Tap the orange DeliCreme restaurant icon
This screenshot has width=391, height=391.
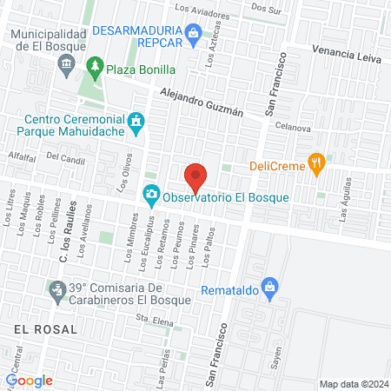[x=318, y=162]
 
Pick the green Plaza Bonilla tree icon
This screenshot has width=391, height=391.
[x=94, y=66]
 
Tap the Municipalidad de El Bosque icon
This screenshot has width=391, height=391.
[x=65, y=64]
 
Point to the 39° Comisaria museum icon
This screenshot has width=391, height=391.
[x=57, y=288]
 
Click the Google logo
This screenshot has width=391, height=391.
[x=30, y=381]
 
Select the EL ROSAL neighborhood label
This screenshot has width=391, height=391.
[x=45, y=329]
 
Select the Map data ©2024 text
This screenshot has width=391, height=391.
[x=353, y=383]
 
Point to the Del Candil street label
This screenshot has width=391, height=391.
[x=65, y=157]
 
